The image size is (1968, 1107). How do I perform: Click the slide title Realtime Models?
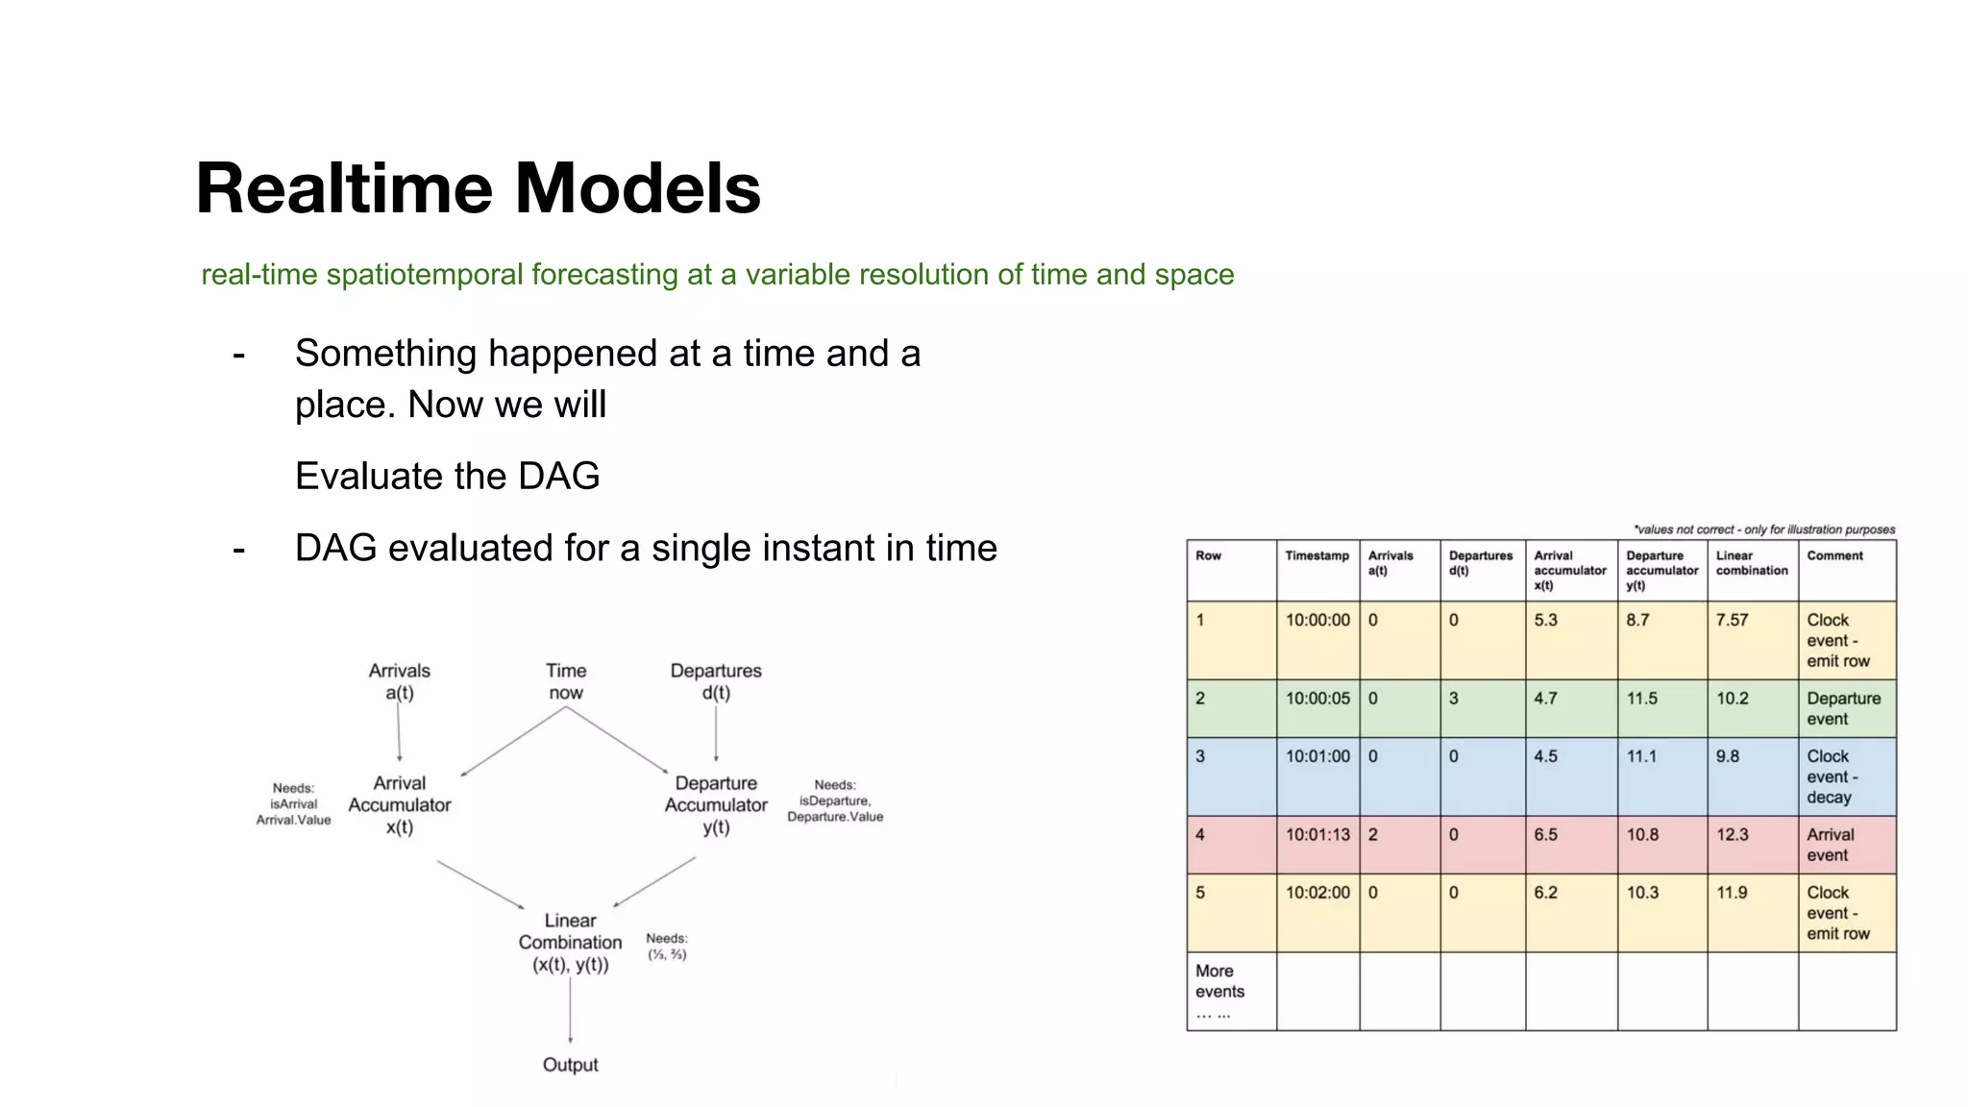[478, 188]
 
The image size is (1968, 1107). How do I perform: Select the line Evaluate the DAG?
[447, 477]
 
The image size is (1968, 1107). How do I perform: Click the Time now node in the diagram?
[566, 681]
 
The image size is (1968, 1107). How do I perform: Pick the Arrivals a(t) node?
[399, 681]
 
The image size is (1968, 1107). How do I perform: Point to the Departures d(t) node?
[716, 681]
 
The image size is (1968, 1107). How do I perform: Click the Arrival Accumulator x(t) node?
[399, 805]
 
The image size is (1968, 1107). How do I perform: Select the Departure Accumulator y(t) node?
[716, 805]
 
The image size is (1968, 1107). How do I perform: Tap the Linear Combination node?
[571, 943]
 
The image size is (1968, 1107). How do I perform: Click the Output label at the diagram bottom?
[570, 1065]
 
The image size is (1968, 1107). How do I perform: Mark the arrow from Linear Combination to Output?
[571, 1009]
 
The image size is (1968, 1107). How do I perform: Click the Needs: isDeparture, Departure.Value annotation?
[834, 800]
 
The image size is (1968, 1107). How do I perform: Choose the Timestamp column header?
[1316, 556]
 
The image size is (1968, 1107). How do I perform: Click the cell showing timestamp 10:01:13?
[1317, 835]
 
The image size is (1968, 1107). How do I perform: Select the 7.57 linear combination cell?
[1732, 621]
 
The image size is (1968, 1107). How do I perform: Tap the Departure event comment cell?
[1843, 709]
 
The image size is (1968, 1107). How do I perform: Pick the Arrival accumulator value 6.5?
[1545, 835]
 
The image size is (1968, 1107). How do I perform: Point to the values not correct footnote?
[1763, 529]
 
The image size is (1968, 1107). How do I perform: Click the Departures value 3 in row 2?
[1454, 700]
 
